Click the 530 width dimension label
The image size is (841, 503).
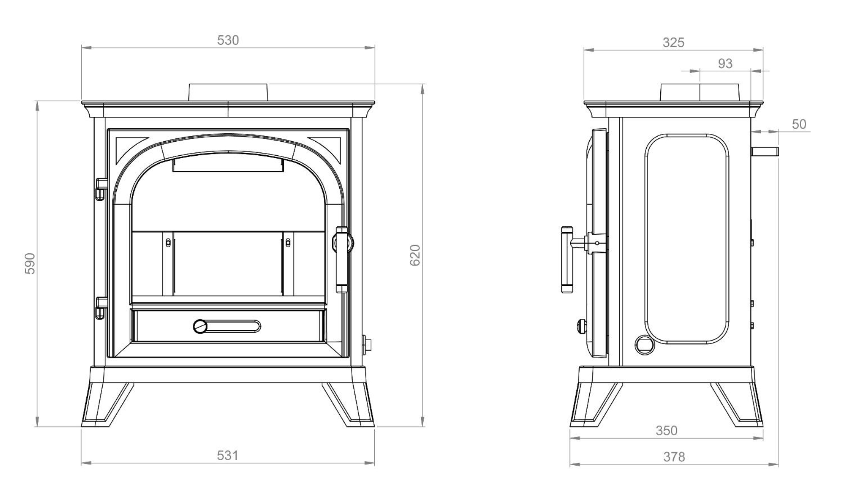click(228, 40)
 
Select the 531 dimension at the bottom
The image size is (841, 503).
click(228, 456)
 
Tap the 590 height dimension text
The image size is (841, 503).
click(30, 263)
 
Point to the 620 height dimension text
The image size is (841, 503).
click(415, 255)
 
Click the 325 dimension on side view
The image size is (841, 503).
click(673, 42)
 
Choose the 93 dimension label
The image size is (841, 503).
click(725, 64)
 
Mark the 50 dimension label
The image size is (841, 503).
click(799, 124)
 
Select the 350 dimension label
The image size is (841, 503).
click(667, 430)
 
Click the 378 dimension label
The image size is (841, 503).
click(674, 457)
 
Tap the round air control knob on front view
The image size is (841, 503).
click(200, 326)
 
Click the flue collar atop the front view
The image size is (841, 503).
click(228, 92)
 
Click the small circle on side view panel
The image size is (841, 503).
click(645, 344)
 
